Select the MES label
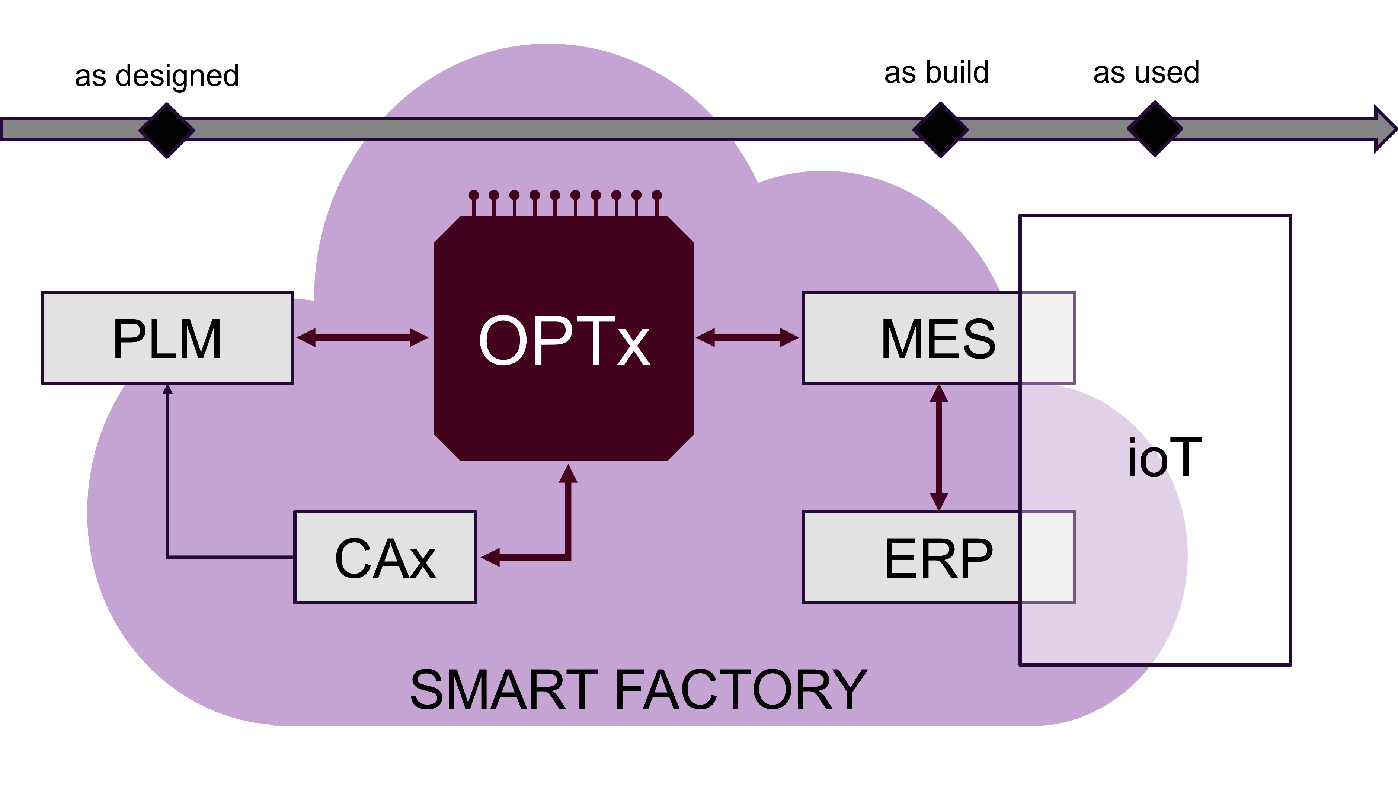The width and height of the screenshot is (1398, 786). click(x=938, y=339)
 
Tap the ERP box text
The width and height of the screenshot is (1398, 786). click(x=938, y=558)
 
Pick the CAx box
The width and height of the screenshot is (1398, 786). click(x=385, y=557)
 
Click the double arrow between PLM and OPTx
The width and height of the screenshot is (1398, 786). click(x=362, y=337)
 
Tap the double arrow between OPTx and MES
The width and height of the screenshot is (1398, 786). click(x=747, y=337)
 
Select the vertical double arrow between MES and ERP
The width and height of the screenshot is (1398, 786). click(x=939, y=447)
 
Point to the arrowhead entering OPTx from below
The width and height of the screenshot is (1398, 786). click(x=568, y=473)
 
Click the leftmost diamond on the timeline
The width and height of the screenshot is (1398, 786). click(x=167, y=130)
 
